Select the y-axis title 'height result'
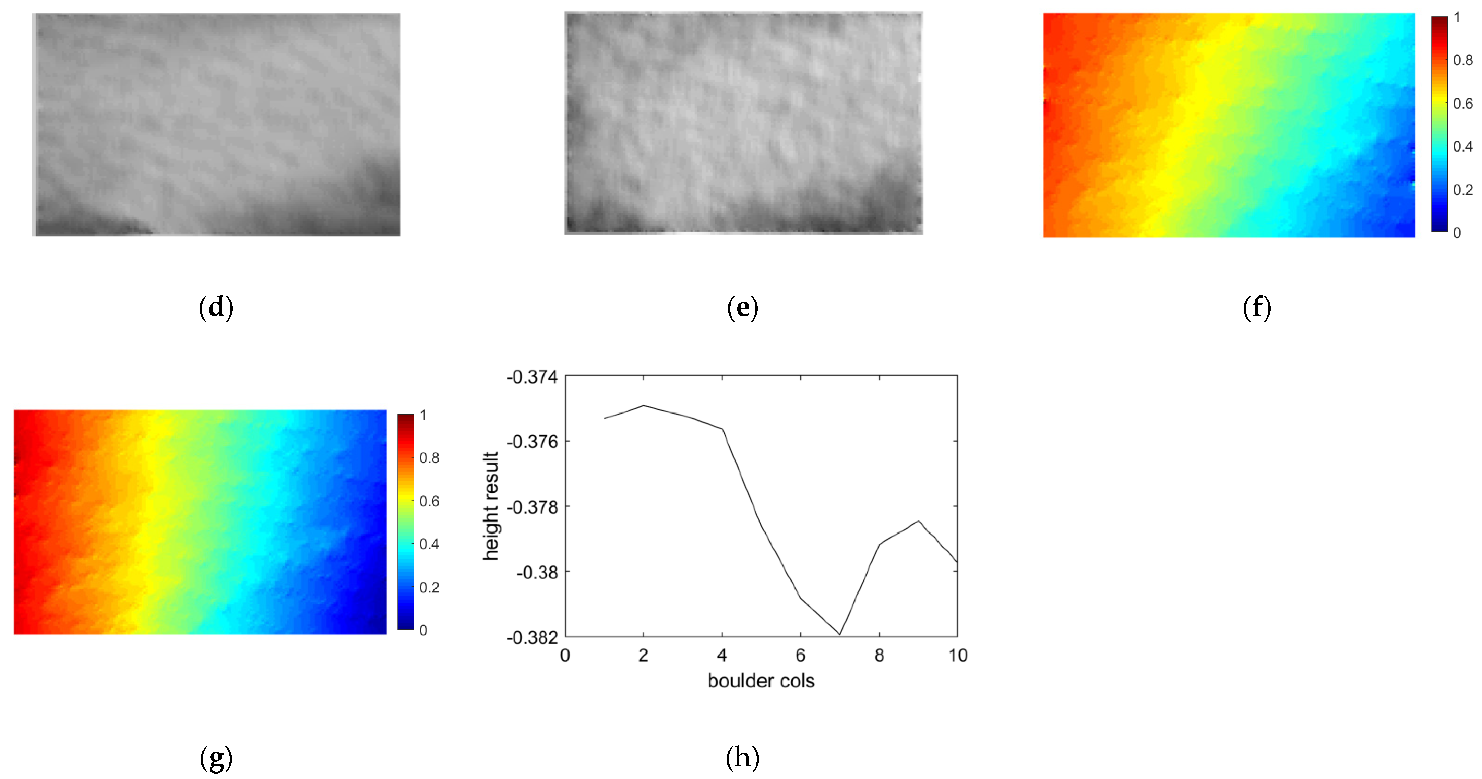click(x=490, y=506)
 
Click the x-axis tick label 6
click(x=800, y=655)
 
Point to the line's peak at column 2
click(x=643, y=406)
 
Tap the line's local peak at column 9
click(x=918, y=521)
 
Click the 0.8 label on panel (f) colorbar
click(x=1462, y=60)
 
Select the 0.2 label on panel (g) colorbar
click(x=429, y=587)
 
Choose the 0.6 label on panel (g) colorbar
click(x=429, y=501)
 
